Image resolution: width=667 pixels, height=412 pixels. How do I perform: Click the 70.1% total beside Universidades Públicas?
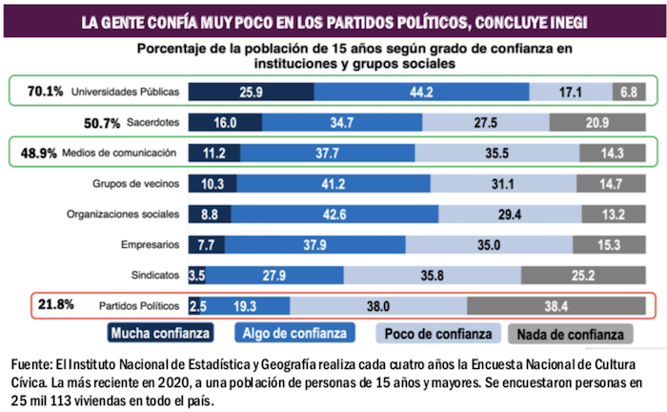pos(45,92)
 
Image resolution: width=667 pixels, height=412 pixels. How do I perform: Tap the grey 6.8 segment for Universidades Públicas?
pos(629,93)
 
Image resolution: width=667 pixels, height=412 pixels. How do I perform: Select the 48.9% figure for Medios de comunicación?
pos(45,153)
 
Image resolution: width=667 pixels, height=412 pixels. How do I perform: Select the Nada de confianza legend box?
pos(576,334)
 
